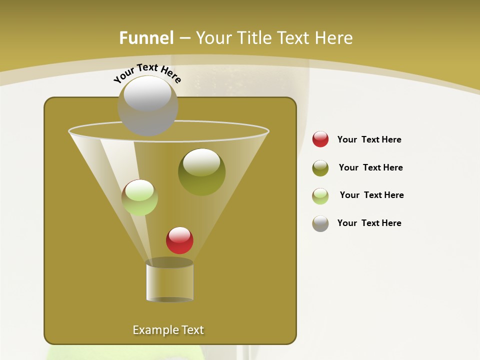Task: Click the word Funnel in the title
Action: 146,38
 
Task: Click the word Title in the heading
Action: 253,38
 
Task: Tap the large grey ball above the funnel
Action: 147,106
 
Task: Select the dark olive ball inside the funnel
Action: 201,172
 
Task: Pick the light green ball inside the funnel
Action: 139,197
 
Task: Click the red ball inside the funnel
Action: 179,240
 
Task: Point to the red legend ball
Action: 320,139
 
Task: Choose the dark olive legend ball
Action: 320,168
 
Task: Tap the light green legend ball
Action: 320,196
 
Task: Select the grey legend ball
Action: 320,223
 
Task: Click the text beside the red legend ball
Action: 369,139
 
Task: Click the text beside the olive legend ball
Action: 370,167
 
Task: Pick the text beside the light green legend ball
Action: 371,195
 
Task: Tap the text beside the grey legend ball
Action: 369,223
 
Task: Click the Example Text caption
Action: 168,330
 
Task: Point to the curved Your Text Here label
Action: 147,72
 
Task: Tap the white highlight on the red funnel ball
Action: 179,234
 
